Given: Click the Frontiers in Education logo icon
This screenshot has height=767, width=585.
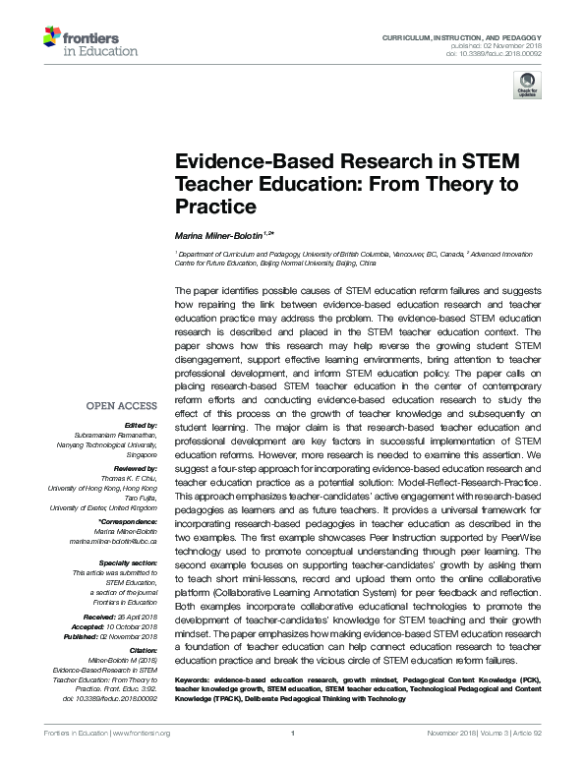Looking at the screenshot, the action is point(52,38).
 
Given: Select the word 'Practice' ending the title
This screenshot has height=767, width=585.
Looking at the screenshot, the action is point(215,207).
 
